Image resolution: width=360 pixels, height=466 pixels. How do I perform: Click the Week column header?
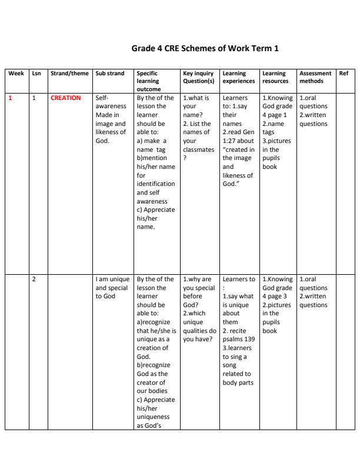(16, 74)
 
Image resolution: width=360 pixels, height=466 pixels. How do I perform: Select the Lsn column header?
(35, 74)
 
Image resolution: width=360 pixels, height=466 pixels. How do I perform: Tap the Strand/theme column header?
(69, 74)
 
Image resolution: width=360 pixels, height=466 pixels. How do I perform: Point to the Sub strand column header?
(110, 74)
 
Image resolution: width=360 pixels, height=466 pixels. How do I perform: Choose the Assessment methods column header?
(315, 77)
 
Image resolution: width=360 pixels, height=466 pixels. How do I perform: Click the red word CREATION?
(66, 98)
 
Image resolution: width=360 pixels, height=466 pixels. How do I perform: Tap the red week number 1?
(10, 98)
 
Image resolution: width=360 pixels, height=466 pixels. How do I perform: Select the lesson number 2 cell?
(34, 279)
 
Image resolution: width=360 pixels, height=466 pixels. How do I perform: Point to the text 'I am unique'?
(111, 279)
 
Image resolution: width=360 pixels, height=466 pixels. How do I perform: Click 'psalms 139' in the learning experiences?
(239, 339)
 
